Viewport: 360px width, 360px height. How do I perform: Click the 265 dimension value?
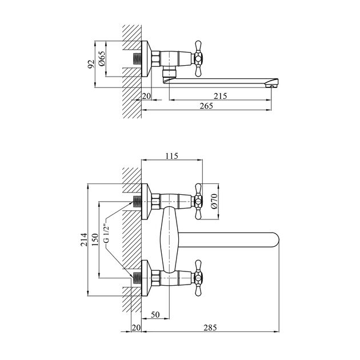206,106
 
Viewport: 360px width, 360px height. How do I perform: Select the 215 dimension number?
220,96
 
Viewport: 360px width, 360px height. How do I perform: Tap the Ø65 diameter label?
102,58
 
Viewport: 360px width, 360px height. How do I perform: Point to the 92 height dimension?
91,64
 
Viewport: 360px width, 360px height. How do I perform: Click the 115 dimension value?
172,156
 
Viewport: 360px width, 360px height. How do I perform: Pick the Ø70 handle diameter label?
214,201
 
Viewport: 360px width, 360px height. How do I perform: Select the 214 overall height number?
84,239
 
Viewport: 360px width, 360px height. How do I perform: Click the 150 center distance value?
95,239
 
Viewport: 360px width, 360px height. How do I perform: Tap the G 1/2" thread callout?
106,233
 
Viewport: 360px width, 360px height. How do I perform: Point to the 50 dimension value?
155,314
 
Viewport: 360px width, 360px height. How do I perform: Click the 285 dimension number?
210,327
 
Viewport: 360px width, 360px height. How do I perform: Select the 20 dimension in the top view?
146,96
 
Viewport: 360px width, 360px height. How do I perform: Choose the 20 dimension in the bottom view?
136,327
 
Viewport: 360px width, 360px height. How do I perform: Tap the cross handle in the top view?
198,58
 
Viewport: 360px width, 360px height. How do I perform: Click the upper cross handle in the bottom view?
198,202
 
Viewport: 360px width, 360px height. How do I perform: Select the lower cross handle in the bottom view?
198,278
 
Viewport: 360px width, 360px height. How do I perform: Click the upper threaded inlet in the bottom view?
137,202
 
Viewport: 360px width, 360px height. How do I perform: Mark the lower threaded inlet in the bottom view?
137,278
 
